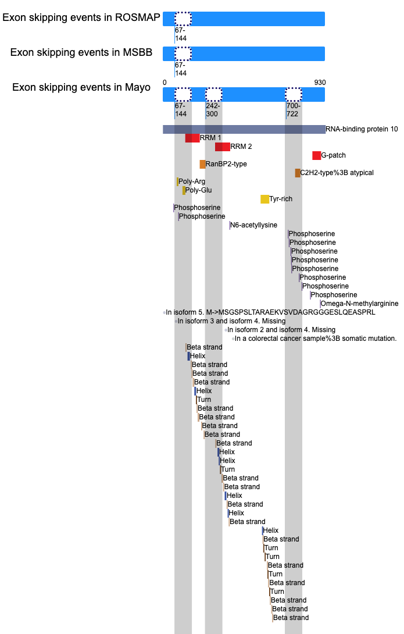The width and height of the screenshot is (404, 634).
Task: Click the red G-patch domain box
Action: (x=316, y=156)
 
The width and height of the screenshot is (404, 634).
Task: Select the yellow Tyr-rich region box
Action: (x=264, y=199)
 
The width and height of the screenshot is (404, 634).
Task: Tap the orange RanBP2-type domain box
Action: (x=202, y=164)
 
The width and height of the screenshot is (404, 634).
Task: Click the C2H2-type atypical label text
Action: (x=337, y=173)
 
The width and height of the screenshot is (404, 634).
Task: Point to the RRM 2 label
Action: (x=241, y=147)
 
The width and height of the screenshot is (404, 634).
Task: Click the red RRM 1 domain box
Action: (x=192, y=138)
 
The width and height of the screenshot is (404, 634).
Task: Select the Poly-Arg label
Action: (x=192, y=181)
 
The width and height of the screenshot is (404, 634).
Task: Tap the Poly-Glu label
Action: (x=198, y=190)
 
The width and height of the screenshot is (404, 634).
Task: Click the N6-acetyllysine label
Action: (x=253, y=225)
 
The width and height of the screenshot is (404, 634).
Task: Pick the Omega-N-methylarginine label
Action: (x=360, y=304)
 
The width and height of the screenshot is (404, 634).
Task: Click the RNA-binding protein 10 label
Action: (x=362, y=129)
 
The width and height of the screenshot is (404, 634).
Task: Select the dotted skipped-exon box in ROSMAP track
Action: (x=183, y=19)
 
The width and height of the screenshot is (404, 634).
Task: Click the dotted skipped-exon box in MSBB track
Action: (x=183, y=54)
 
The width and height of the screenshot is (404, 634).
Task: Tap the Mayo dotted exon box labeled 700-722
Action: (x=294, y=95)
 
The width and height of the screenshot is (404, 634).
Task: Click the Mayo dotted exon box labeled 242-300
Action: (x=214, y=95)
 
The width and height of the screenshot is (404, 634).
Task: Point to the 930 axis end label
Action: (x=320, y=83)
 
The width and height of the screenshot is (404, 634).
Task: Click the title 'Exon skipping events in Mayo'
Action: (x=81, y=87)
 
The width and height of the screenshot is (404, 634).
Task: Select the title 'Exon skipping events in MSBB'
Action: (x=81, y=52)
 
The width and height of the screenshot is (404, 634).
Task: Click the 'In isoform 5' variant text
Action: (x=270, y=312)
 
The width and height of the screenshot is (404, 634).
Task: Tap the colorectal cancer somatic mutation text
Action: (x=316, y=339)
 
